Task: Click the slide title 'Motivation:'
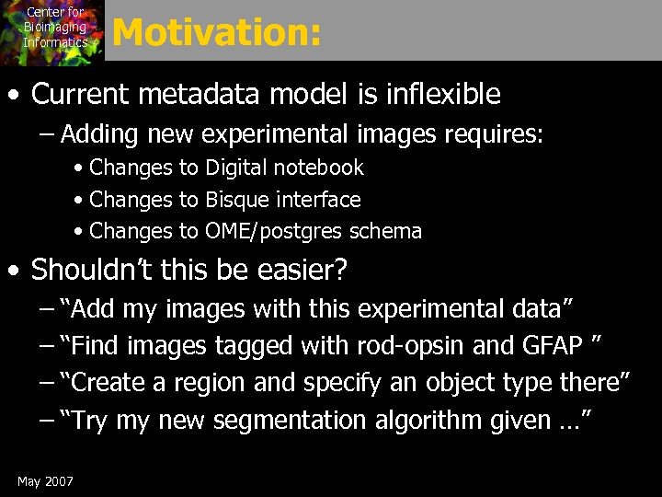pos(217,33)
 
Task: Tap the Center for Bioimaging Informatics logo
pos(53,30)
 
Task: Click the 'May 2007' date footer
pos(45,481)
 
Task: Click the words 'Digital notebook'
pos(284,168)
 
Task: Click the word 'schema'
pos(383,232)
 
